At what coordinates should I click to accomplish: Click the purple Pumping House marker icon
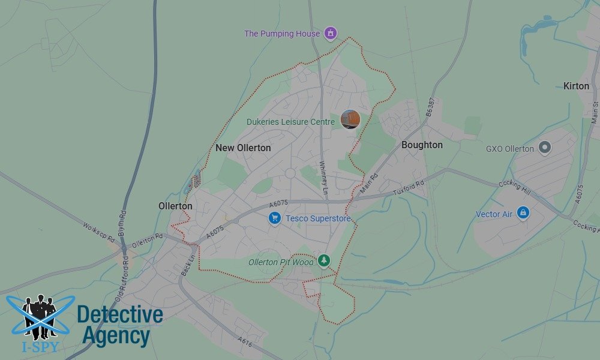point(330,33)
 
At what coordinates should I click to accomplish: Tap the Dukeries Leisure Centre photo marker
point(350,119)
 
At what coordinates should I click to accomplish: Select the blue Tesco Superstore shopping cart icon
point(275,218)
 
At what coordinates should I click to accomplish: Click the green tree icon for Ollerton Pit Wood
point(324,260)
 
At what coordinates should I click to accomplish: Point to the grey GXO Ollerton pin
point(545,147)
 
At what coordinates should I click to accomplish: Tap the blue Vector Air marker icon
point(524,213)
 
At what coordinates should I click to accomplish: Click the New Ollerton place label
point(243,148)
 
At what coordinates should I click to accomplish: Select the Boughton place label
point(422,145)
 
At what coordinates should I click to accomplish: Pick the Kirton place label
point(576,86)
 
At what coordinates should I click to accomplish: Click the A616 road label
point(244,341)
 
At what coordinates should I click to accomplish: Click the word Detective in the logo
point(120,315)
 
